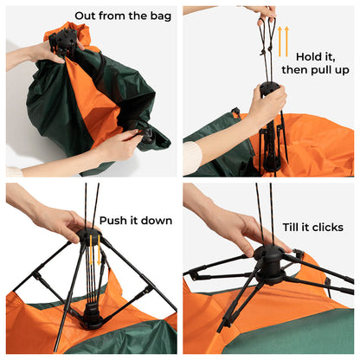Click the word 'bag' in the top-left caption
tap(158, 16)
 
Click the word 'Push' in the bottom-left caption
tap(114, 221)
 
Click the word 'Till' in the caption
tap(292, 227)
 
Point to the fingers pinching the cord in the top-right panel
tap(260, 12)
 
